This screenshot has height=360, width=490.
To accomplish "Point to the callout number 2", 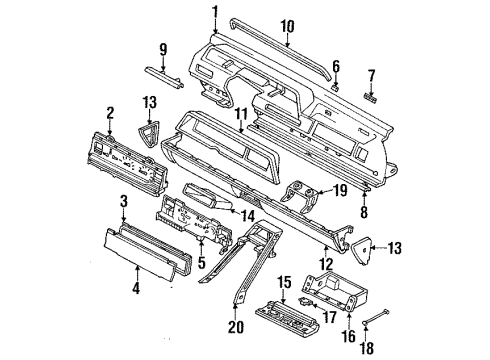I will tap(110, 113).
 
